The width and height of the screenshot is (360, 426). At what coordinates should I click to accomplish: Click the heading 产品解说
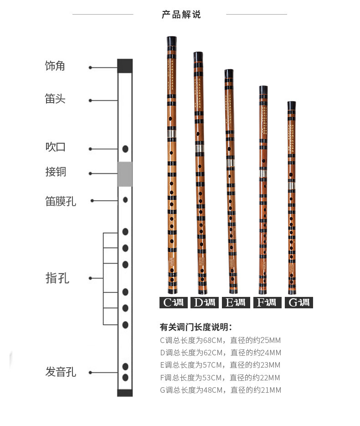[x=181, y=15]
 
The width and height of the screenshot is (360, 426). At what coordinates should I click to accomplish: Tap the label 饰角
[x=55, y=66]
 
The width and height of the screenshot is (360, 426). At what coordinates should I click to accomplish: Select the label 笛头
[x=55, y=99]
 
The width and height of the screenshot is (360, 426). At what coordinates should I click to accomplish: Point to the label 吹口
[x=56, y=147]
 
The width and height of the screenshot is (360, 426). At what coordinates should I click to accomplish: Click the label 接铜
[x=56, y=172]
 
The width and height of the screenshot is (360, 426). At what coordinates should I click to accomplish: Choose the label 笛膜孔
[x=61, y=201]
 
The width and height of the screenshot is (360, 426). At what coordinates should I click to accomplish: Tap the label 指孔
[x=57, y=278]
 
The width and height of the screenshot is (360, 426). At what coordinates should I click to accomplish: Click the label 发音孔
[x=61, y=372]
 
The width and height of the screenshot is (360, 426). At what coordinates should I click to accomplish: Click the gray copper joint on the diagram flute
[x=125, y=174]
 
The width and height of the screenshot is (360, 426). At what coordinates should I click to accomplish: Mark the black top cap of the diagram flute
[x=125, y=66]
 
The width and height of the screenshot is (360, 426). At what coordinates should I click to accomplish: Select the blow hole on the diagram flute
[x=125, y=149]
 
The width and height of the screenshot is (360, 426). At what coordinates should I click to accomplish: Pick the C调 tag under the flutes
[x=173, y=302]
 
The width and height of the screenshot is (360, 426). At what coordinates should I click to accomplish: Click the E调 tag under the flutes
[x=236, y=302]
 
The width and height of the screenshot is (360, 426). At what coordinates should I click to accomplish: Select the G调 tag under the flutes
[x=298, y=302]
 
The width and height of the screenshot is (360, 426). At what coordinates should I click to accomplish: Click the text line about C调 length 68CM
[x=220, y=340]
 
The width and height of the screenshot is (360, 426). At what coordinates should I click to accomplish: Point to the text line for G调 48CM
[x=220, y=390]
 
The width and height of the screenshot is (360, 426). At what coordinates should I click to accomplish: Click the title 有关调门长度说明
[x=196, y=327]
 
